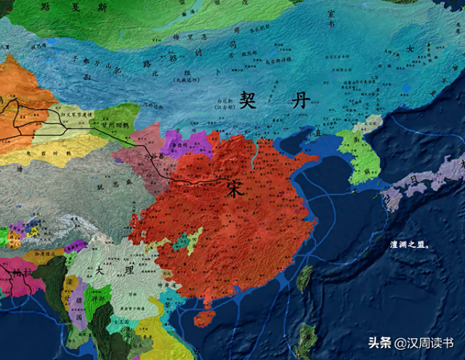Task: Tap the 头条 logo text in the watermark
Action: pos(379,343)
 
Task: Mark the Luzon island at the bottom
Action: pos(306,338)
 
